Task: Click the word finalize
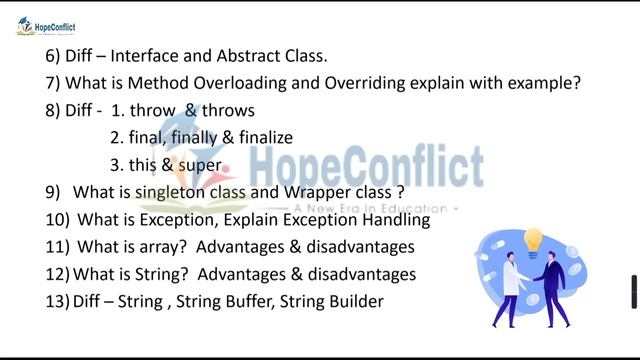[260, 138]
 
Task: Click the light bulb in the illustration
[533, 240]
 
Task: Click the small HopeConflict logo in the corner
[46, 26]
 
